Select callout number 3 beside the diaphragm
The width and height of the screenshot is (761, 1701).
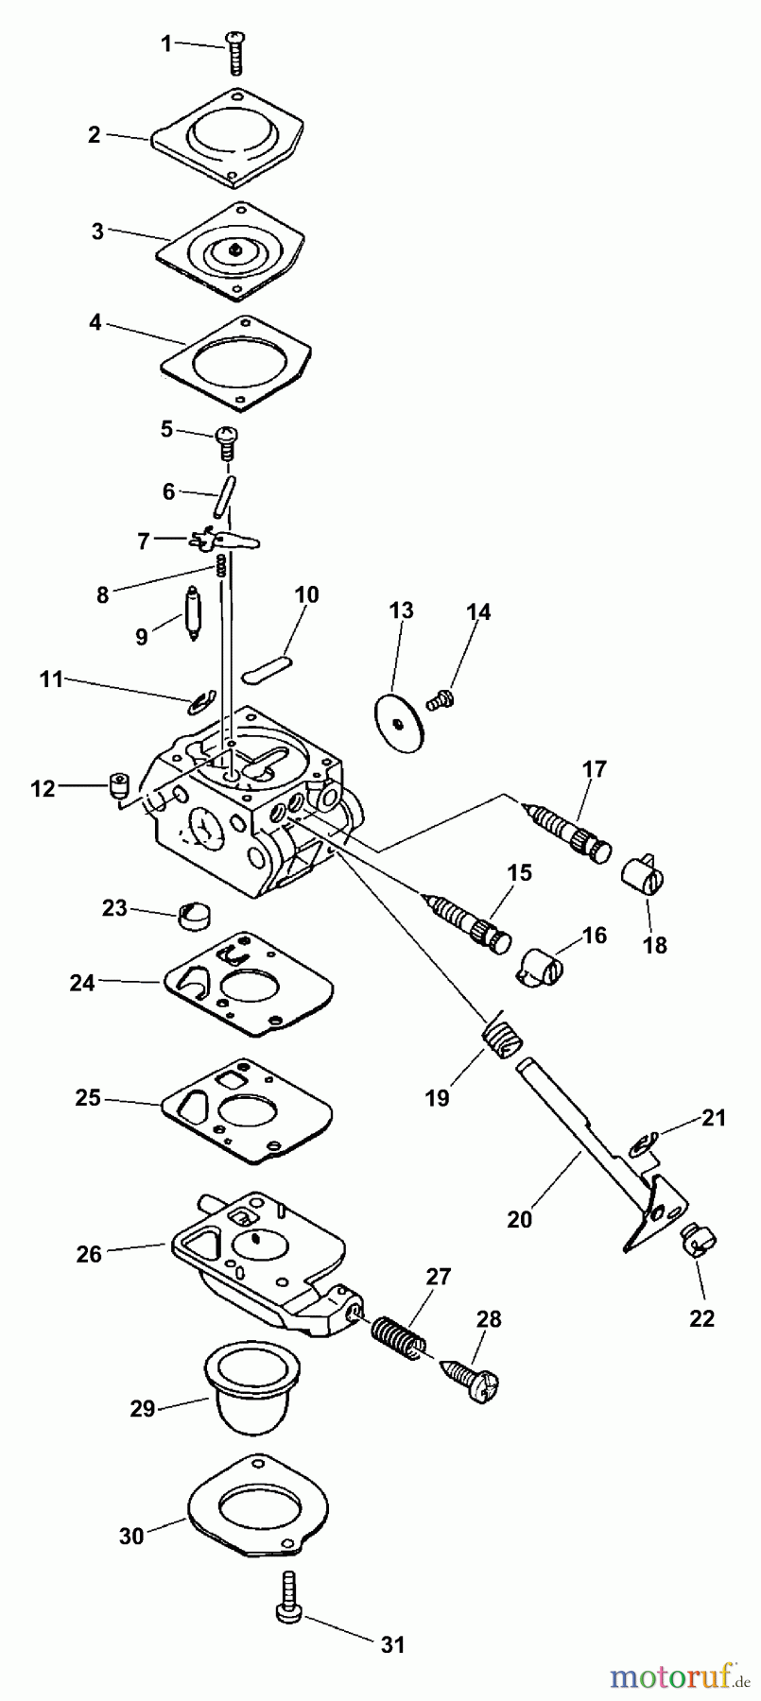(98, 231)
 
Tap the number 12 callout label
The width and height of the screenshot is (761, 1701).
(43, 787)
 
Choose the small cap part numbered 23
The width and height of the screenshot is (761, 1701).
(194, 914)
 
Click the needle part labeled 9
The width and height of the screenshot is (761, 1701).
(192, 614)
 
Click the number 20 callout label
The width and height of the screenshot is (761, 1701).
(520, 1219)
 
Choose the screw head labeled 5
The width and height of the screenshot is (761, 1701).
(227, 437)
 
